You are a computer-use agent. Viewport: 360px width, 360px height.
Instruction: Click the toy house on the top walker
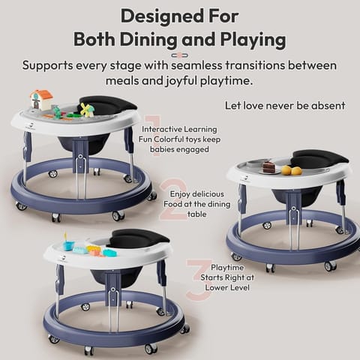coord(40,100)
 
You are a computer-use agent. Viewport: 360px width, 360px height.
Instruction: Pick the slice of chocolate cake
coord(268,168)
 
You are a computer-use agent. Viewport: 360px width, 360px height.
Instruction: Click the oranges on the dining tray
coord(291,170)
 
